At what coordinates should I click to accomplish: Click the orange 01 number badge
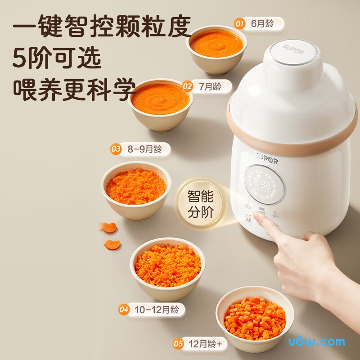click(x=240, y=23)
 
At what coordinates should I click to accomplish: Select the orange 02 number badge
click(x=188, y=86)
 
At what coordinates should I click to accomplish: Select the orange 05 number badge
click(x=178, y=344)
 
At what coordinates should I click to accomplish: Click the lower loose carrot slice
click(x=112, y=244)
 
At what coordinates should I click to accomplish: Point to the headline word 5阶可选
click(x=57, y=57)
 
